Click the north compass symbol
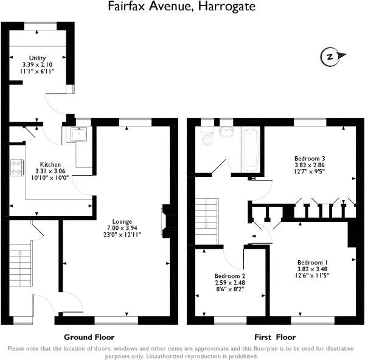[330, 57]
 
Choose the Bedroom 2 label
[229, 275]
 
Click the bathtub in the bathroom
[250, 150]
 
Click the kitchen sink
[80, 134]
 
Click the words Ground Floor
[89, 337]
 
